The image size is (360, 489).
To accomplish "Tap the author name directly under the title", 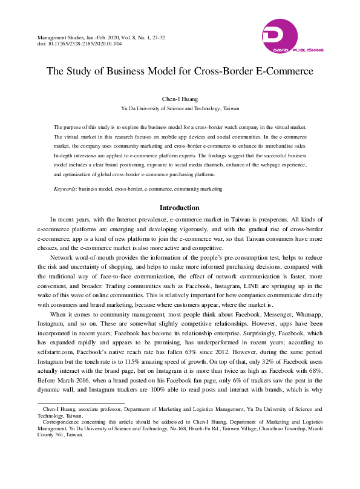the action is tap(180, 98).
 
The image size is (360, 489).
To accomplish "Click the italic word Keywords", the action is tap(65, 189).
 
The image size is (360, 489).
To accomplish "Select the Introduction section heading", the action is tap(180, 208).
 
